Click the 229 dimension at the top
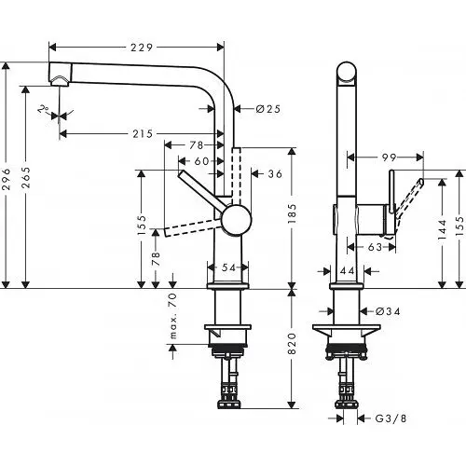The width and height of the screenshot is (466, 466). (x=143, y=46)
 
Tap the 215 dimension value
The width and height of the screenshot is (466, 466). (x=143, y=134)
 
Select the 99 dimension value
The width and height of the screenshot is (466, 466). (x=391, y=159)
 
